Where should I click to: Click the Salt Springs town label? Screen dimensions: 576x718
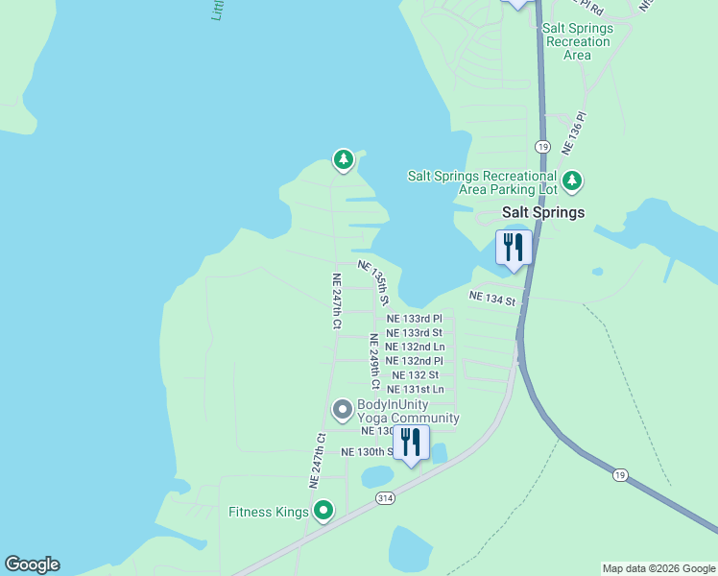click(543, 213)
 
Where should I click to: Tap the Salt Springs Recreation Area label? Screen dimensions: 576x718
click(577, 41)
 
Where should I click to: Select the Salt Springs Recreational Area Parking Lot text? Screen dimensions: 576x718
click(482, 182)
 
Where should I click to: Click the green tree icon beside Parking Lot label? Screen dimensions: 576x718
click(573, 180)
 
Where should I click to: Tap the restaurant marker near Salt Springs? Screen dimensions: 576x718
click(514, 248)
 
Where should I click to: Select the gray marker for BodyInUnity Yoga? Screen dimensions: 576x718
click(342, 410)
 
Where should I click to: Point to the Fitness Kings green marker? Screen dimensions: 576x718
click(324, 511)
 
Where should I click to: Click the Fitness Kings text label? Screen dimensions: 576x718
click(268, 512)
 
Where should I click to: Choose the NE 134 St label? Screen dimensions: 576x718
click(492, 299)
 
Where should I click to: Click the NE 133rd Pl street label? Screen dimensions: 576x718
click(415, 319)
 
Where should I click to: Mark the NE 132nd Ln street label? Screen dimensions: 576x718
click(415, 347)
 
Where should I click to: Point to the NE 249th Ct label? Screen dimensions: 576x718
click(374, 361)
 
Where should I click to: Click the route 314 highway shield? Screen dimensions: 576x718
click(385, 498)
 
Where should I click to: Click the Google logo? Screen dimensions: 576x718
click(32, 564)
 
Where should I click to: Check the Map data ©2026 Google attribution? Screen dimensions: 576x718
click(658, 568)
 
